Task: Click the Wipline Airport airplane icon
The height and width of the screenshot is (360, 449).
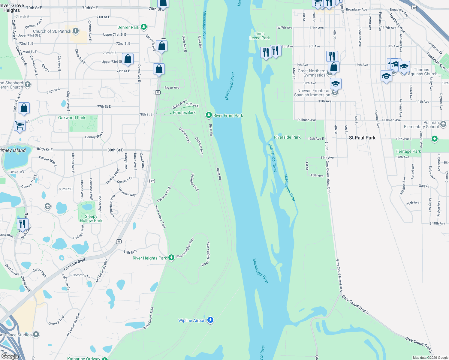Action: tap(210, 320)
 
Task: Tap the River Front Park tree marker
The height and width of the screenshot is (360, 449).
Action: tap(209, 115)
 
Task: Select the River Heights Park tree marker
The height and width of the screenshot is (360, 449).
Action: tap(171, 257)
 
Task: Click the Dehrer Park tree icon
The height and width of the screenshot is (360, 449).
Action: tap(144, 27)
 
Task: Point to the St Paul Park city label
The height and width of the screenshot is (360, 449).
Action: tap(362, 138)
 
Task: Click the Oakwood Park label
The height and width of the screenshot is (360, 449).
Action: tap(72, 118)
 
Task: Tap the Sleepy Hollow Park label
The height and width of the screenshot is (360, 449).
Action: tap(91, 218)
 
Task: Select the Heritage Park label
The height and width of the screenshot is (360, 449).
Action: tap(408, 151)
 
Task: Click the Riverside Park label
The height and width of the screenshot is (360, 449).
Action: tap(287, 137)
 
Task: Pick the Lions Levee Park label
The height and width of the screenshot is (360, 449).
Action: tap(260, 36)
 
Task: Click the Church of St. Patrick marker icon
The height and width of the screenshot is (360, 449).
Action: tap(76, 31)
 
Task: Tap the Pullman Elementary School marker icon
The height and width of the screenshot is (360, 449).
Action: tap(443, 123)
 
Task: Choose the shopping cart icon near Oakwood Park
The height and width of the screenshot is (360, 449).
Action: tap(20, 125)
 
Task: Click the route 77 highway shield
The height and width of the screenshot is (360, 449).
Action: tap(152, 181)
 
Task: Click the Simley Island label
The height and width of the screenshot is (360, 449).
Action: tap(13, 150)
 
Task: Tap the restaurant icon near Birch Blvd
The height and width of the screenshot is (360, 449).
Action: tap(23, 224)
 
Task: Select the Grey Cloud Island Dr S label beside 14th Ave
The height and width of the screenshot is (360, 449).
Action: tap(328, 177)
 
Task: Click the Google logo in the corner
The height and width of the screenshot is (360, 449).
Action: tap(10, 356)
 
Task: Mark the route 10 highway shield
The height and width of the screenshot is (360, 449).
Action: tap(414, 7)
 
